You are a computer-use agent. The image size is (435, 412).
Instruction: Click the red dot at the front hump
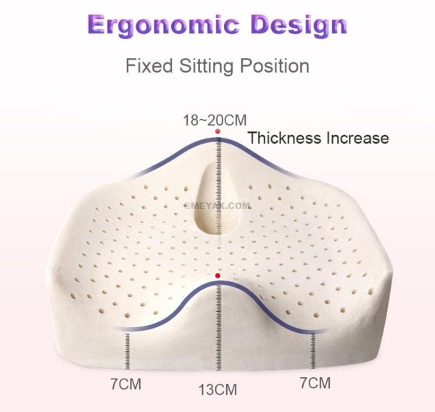[x=218, y=276]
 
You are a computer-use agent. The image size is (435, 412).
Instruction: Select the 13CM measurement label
[x=218, y=390]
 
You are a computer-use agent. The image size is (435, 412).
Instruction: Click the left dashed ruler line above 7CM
[x=129, y=349]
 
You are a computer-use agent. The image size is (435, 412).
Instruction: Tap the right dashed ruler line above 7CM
[x=315, y=349]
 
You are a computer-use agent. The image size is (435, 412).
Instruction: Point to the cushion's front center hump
[x=218, y=290]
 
